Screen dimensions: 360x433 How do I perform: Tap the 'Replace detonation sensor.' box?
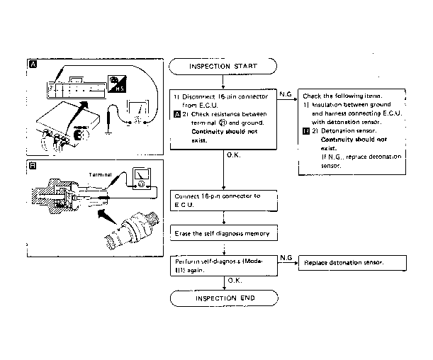point(353,263)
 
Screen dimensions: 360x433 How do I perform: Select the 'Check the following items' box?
point(353,130)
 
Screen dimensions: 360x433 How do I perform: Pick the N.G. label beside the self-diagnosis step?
point(287,257)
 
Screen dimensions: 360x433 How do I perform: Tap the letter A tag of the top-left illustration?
point(32,64)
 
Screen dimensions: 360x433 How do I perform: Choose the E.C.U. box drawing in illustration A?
point(71,120)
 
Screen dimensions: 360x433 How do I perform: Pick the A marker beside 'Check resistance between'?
point(176,113)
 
